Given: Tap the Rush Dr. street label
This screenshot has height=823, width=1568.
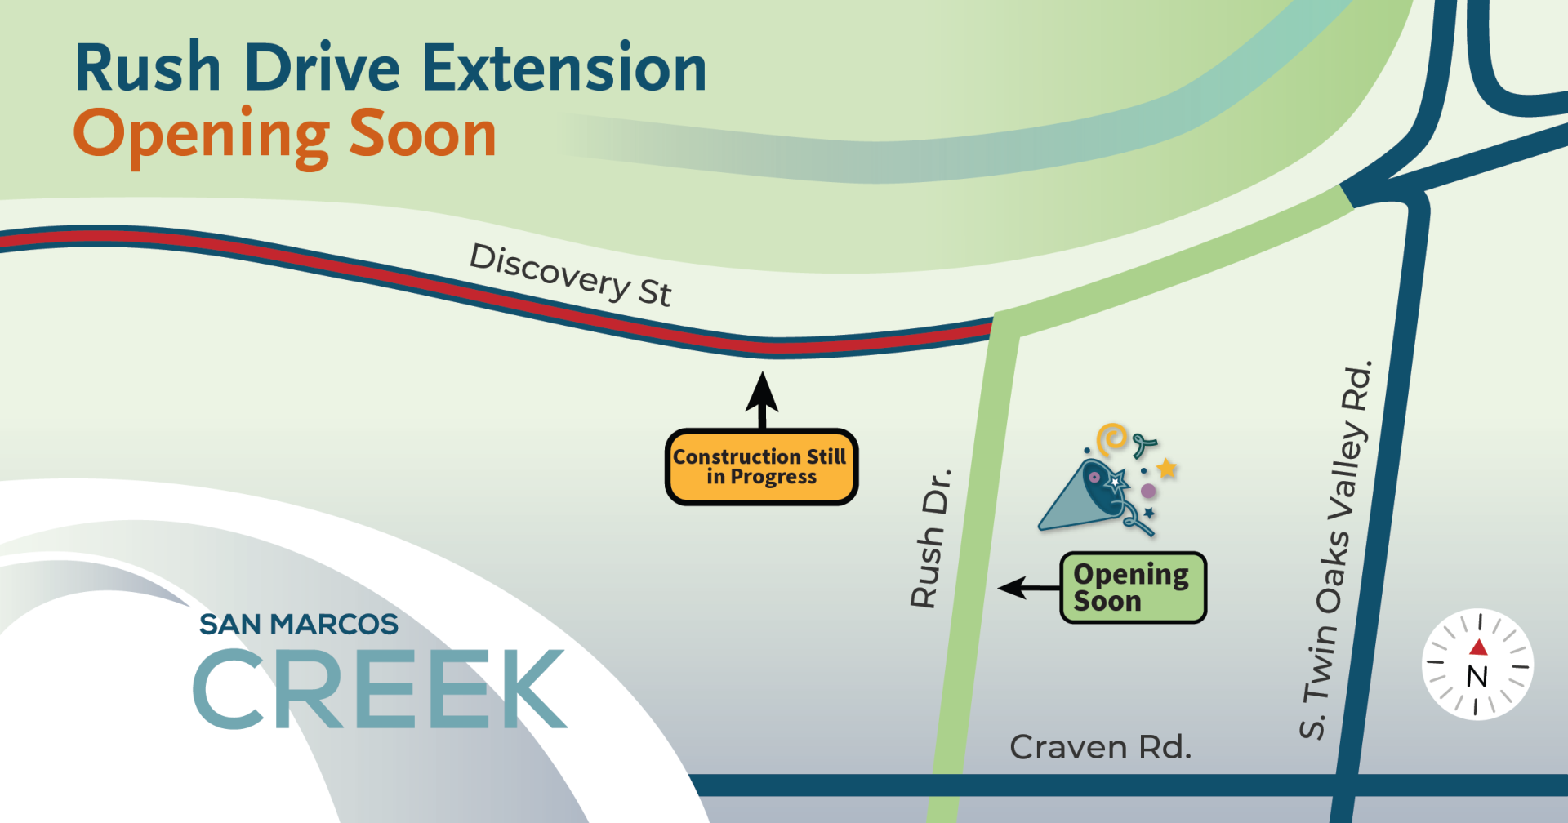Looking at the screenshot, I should pyautogui.click(x=932, y=538).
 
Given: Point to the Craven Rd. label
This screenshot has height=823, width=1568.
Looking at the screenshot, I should pyautogui.click(x=1100, y=747).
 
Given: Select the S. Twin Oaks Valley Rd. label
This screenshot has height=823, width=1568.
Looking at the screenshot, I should pyautogui.click(x=1335, y=551).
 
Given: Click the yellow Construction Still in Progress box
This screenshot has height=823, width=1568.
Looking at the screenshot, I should pyautogui.click(x=761, y=467).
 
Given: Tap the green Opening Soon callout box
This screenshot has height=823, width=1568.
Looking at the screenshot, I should pyautogui.click(x=1133, y=588).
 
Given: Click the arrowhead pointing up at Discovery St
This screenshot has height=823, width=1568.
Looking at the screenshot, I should pyautogui.click(x=762, y=392).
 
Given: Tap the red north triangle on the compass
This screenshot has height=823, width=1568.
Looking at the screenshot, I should pyautogui.click(x=1478, y=648).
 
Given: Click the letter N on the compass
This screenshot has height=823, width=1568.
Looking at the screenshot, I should pyautogui.click(x=1477, y=677).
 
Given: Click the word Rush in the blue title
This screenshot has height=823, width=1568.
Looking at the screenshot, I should pyautogui.click(x=148, y=69).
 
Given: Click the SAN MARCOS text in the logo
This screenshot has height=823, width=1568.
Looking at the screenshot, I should pyautogui.click(x=299, y=625).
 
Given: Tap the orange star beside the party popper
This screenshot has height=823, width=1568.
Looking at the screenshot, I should pyautogui.click(x=1167, y=469).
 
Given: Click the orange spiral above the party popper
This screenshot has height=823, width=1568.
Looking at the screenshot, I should pyautogui.click(x=1111, y=439).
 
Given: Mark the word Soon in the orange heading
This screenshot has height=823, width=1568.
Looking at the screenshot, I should pyautogui.click(x=422, y=135).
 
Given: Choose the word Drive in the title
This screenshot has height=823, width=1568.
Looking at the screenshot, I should pyautogui.click(x=322, y=69).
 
